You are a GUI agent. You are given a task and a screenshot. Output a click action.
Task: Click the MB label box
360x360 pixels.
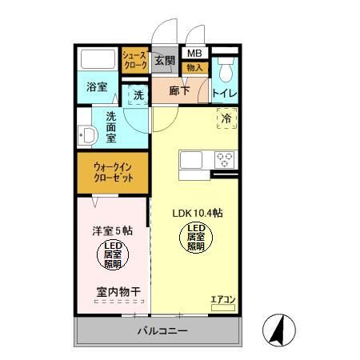(194, 54)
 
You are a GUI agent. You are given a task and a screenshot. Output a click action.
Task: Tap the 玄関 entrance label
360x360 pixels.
(164, 61)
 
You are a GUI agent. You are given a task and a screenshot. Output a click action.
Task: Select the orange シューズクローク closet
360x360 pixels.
(134, 61)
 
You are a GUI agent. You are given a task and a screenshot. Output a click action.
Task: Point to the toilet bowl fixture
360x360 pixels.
(225, 72)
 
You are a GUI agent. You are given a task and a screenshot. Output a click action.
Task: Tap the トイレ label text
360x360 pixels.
(225, 94)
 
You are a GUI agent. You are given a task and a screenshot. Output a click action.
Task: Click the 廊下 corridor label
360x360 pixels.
(178, 91)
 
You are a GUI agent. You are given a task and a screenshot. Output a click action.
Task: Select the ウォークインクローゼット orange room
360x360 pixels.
(113, 173)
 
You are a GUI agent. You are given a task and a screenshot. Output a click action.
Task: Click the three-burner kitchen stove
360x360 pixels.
(224, 158)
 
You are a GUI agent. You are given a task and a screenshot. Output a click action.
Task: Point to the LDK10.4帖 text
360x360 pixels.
(198, 214)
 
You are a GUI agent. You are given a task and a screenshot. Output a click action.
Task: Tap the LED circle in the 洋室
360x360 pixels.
(112, 254)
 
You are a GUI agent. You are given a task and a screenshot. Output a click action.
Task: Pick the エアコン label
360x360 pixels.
(222, 300)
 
